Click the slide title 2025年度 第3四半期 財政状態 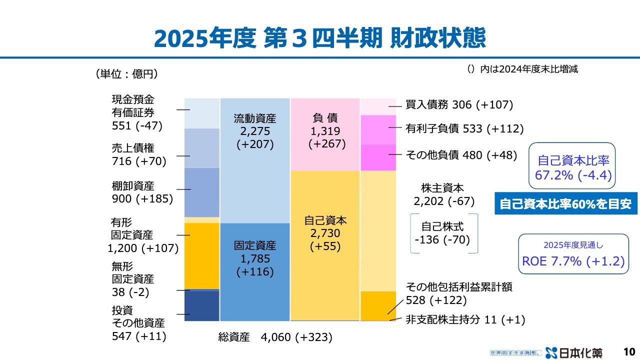319,38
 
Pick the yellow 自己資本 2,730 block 325,245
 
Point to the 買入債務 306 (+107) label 459,105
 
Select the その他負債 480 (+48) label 461,155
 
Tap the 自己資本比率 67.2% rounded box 573,168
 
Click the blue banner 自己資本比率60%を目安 566,203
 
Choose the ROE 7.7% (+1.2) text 573,261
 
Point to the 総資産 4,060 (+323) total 275,337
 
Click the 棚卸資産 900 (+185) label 142,192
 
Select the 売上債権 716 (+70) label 138,154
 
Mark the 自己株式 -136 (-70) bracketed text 442,233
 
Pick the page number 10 629,351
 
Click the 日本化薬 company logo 574,352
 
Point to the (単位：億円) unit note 126,74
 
